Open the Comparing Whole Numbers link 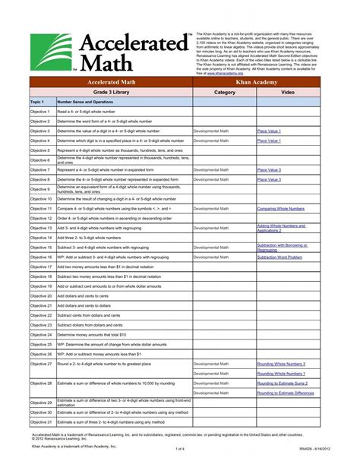(x=282, y=208)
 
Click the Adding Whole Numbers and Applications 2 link (x=281, y=227)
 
